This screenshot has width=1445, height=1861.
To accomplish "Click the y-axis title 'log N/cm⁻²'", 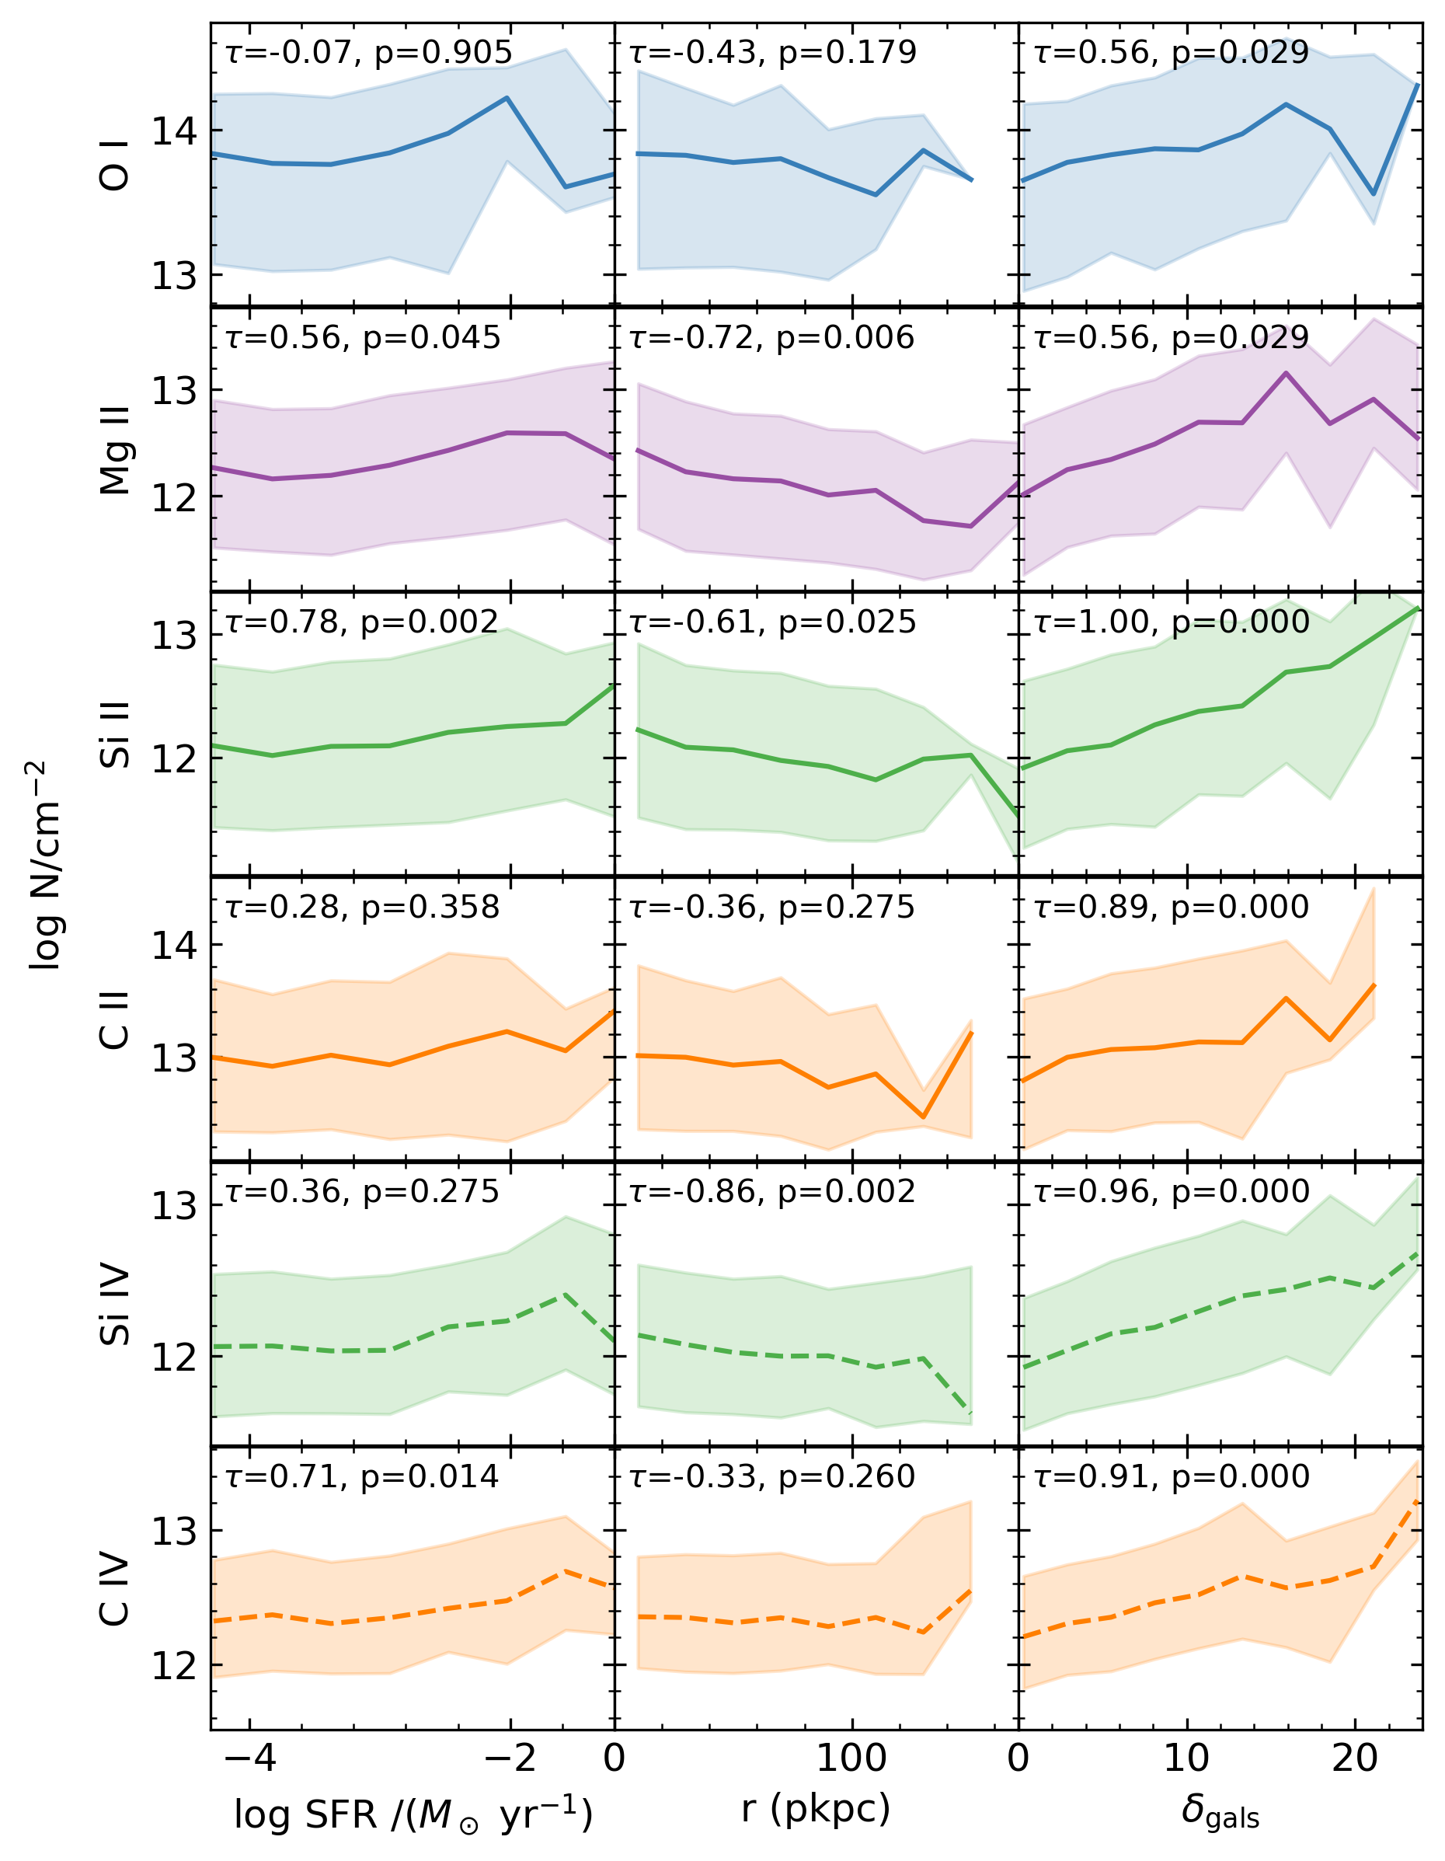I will [47, 865].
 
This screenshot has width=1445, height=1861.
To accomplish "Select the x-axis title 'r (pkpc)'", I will [816, 1809].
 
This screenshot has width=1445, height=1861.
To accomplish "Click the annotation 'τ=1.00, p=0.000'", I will [1172, 622].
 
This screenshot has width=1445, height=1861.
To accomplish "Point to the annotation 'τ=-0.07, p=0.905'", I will [369, 53].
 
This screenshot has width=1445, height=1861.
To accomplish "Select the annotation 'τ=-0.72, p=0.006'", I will [772, 337].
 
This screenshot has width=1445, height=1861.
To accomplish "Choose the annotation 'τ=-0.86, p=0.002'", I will [772, 1191].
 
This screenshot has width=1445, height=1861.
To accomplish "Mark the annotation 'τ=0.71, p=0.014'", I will [362, 1476].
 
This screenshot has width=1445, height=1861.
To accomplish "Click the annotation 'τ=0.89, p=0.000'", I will [1172, 907].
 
